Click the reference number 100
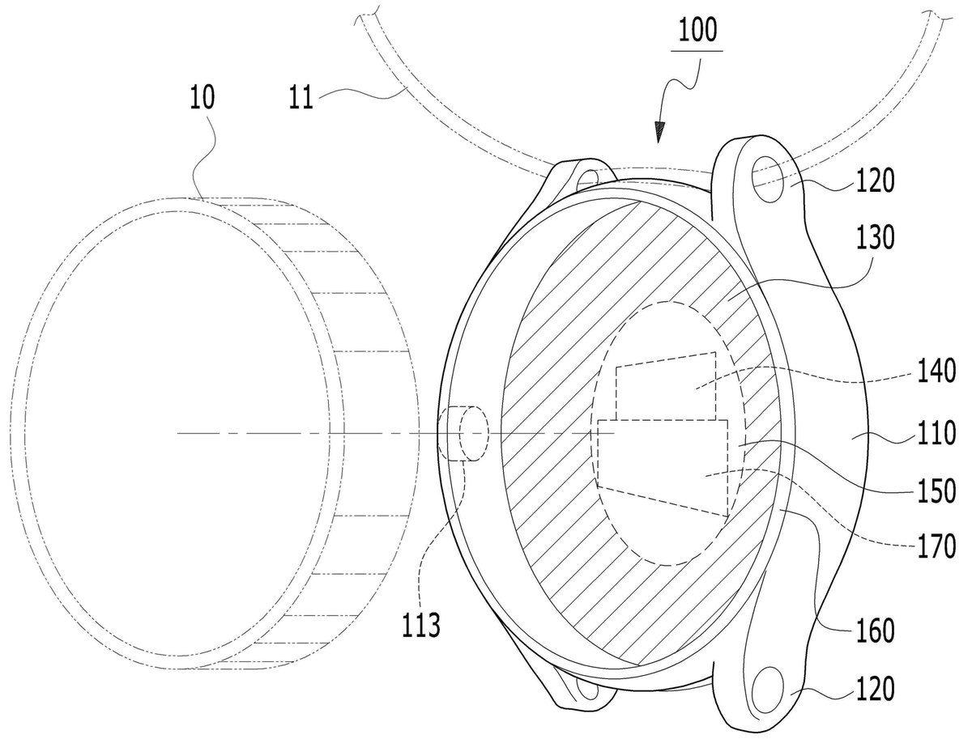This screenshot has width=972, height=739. [697, 30]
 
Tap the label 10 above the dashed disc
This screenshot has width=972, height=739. [202, 97]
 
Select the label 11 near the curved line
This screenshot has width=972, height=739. [301, 97]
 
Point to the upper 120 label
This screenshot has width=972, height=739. [875, 181]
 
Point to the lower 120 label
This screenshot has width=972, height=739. [875, 689]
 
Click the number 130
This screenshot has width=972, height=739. [875, 237]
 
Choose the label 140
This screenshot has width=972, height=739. [936, 371]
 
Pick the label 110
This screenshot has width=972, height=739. [936, 433]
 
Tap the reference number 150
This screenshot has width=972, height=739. [936, 491]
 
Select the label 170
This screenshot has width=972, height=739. [936, 546]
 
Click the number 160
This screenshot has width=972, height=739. [875, 631]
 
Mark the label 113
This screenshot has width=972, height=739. [420, 624]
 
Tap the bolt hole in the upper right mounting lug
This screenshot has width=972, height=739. [769, 180]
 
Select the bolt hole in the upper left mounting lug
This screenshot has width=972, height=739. [587, 176]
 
